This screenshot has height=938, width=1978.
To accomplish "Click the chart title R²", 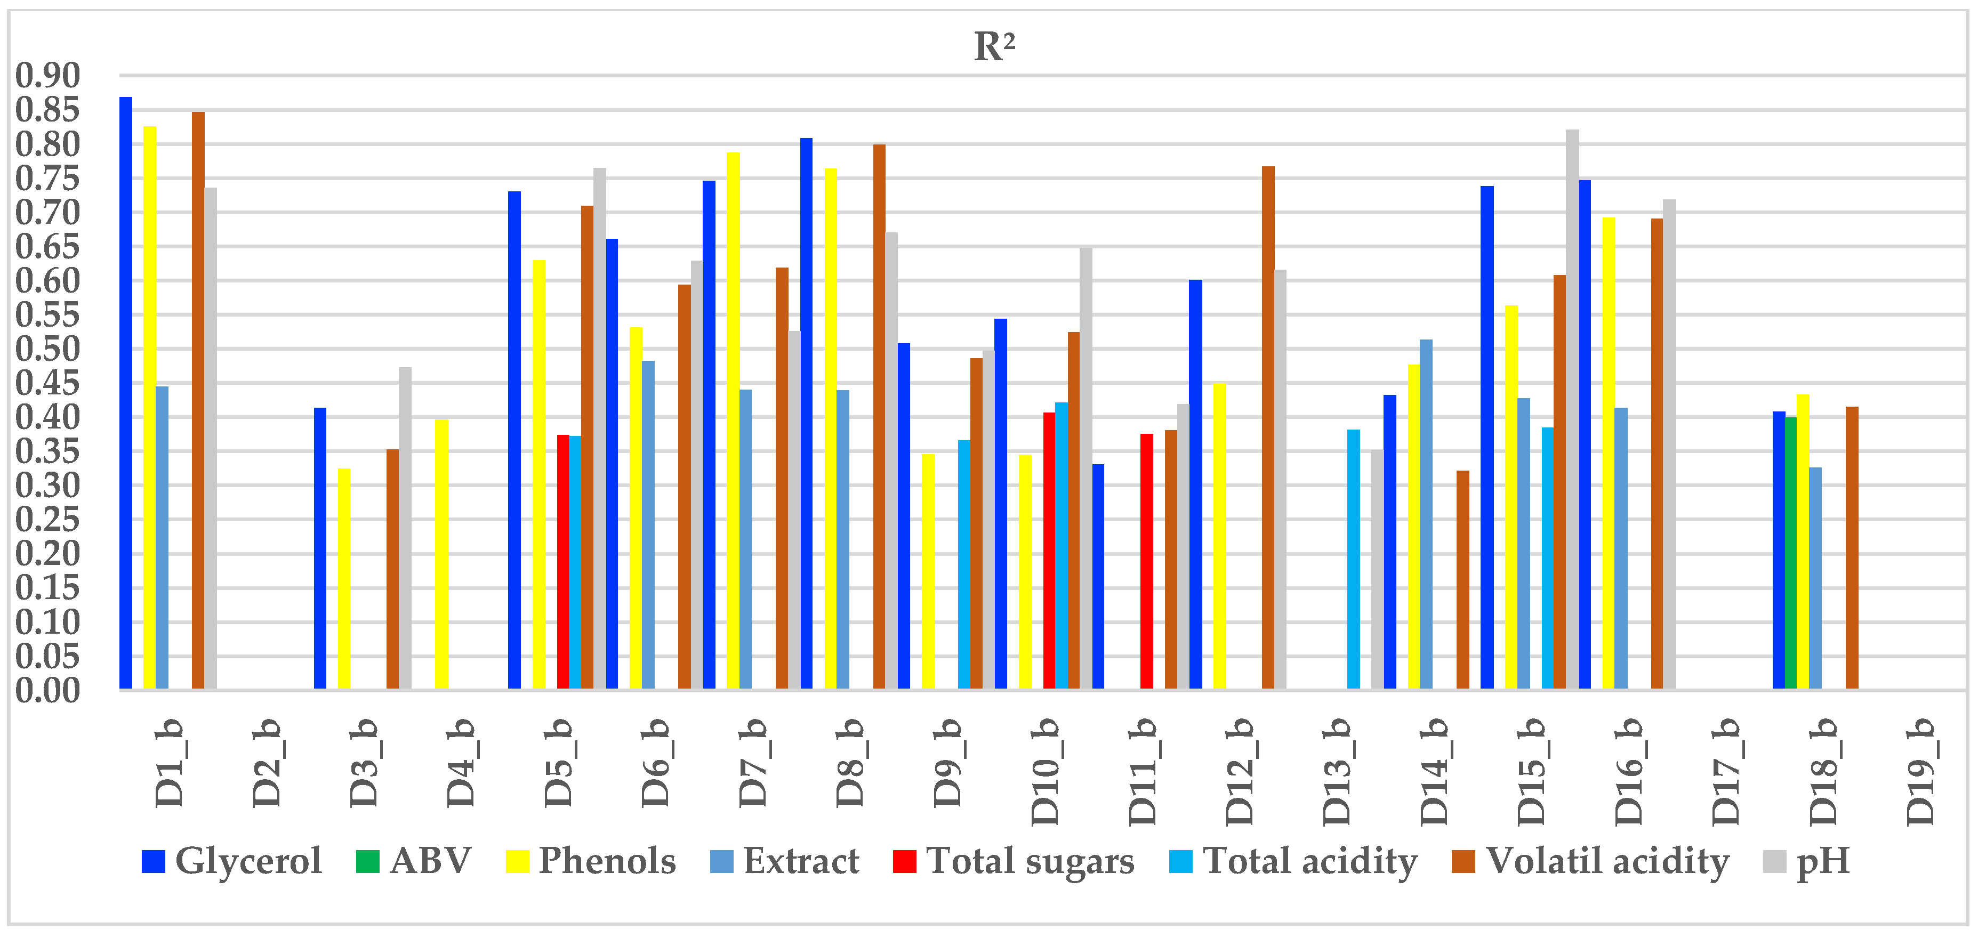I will pyautogui.click(x=994, y=47).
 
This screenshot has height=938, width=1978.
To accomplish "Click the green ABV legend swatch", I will pyautogui.click(x=367, y=861).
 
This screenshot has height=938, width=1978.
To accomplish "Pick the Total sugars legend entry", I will pyautogui.click(x=1014, y=861).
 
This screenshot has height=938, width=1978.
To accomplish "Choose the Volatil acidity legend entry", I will pyautogui.click(x=1589, y=861).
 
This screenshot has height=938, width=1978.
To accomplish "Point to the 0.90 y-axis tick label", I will pyautogui.click(x=47, y=76).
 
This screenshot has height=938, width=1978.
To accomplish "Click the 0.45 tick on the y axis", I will pyautogui.click(x=47, y=383).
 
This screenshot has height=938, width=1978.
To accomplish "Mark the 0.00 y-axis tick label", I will pyautogui.click(x=47, y=690).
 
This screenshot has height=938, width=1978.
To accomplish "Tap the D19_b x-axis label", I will pyautogui.click(x=1921, y=771).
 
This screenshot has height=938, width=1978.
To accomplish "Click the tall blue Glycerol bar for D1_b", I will pyautogui.click(x=126, y=392).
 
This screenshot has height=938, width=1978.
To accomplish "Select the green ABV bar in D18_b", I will pyautogui.click(x=1791, y=553).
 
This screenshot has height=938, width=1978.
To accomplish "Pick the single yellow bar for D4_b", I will pyautogui.click(x=441, y=553).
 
